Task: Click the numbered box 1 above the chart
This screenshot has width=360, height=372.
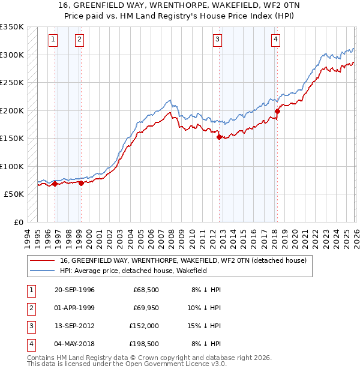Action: (x=53, y=40)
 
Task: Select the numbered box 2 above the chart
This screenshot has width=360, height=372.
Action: (x=79, y=40)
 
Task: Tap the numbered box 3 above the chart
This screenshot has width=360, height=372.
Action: (x=217, y=40)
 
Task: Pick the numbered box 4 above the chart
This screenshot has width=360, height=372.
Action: (x=275, y=40)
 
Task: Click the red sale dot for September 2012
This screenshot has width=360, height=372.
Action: (x=219, y=137)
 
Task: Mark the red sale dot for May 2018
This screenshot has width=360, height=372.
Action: (x=278, y=111)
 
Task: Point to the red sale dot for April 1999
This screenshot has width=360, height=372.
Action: (x=81, y=183)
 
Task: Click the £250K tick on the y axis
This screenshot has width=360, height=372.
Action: (x=12, y=82)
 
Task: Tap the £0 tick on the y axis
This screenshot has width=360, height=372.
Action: (x=17, y=222)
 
